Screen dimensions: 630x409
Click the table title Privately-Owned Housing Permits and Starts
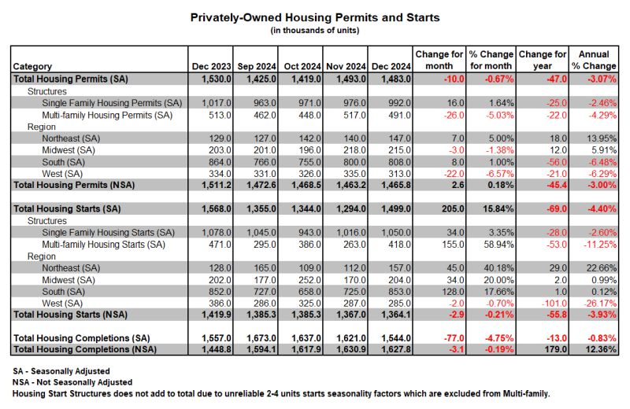click(x=315, y=17)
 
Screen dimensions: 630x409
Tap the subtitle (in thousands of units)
click(x=315, y=31)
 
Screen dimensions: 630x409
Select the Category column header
click(x=32, y=66)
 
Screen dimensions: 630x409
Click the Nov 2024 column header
click(x=346, y=66)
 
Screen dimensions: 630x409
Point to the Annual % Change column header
click(x=594, y=61)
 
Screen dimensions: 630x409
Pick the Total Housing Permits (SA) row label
click(x=71, y=79)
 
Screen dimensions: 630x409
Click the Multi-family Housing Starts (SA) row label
click(x=104, y=245)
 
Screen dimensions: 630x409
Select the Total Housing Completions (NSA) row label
click(x=85, y=349)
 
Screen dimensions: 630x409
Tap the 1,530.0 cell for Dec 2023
click(x=217, y=79)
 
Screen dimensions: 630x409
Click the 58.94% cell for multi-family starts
click(x=498, y=245)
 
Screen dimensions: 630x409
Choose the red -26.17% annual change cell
click(x=600, y=304)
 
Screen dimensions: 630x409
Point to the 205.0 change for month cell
click(x=453, y=208)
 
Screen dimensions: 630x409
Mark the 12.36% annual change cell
click(x=601, y=349)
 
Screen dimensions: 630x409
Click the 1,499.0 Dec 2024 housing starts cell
click(x=396, y=208)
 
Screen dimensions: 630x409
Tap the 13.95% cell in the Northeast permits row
click(x=601, y=138)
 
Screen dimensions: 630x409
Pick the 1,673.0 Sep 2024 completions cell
click(x=261, y=338)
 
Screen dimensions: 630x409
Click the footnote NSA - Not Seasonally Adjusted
click(x=72, y=382)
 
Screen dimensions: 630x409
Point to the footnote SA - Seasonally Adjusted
click(x=61, y=371)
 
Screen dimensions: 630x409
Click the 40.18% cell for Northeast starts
click(x=498, y=268)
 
